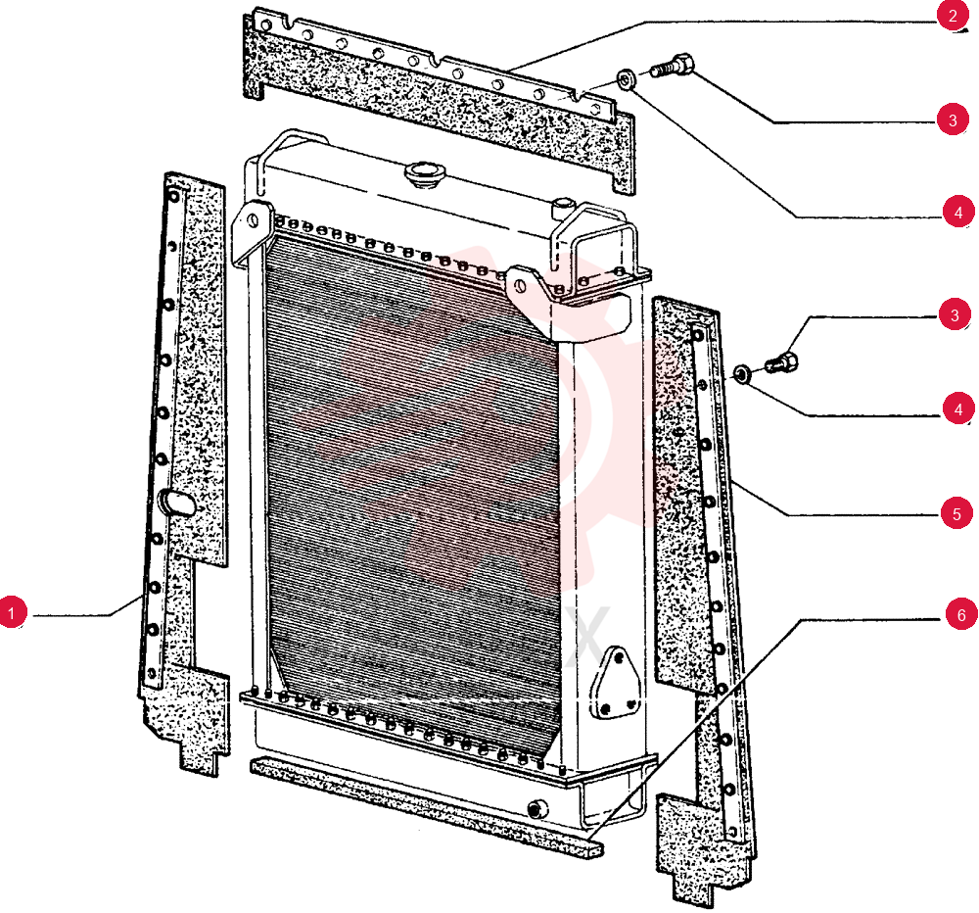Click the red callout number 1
[12, 612]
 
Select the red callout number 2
[953, 15]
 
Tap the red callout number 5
[956, 513]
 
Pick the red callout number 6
[961, 615]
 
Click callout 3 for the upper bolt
[953, 120]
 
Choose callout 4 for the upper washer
[958, 213]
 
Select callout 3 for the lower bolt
[954, 314]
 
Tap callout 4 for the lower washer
[958, 409]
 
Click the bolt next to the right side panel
[781, 361]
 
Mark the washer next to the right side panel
[742, 373]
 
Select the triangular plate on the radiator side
[615, 683]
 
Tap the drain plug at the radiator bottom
[536, 809]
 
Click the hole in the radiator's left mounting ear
[253, 220]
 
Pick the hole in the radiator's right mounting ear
[520, 286]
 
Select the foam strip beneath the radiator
[427, 806]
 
